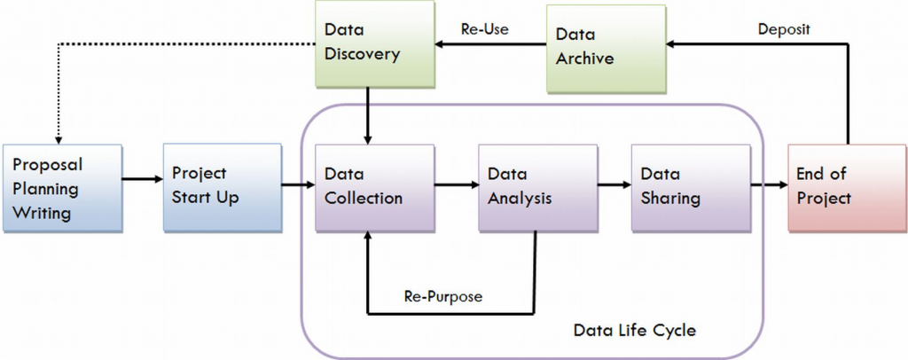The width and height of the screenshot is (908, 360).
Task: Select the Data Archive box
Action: point(605,49)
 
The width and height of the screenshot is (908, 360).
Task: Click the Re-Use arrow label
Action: point(484,28)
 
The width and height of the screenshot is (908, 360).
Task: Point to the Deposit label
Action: point(784,28)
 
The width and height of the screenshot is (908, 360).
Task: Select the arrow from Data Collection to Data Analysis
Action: point(455,186)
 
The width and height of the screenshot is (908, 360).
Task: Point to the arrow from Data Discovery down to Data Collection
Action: point(368,115)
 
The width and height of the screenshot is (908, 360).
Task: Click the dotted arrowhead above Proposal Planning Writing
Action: point(58,137)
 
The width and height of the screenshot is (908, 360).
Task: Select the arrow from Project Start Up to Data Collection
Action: point(296,186)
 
